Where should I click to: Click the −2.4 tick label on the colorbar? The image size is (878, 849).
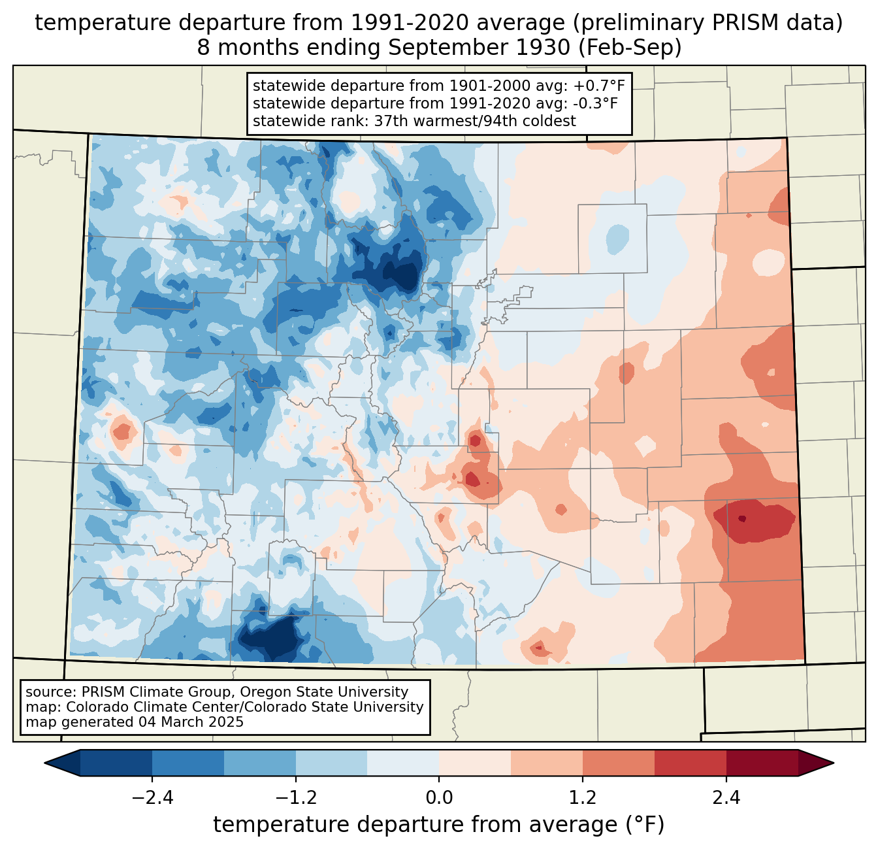[x=152, y=798]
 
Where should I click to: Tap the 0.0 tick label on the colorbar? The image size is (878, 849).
[x=439, y=798]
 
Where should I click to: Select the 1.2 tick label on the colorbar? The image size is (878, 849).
[x=583, y=798]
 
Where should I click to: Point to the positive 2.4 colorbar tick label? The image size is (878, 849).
[x=726, y=798]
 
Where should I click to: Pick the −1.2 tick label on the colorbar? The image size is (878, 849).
[x=296, y=798]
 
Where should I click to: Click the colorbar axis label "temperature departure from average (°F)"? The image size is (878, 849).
[x=438, y=825]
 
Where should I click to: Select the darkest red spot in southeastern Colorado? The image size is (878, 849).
[x=742, y=519]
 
